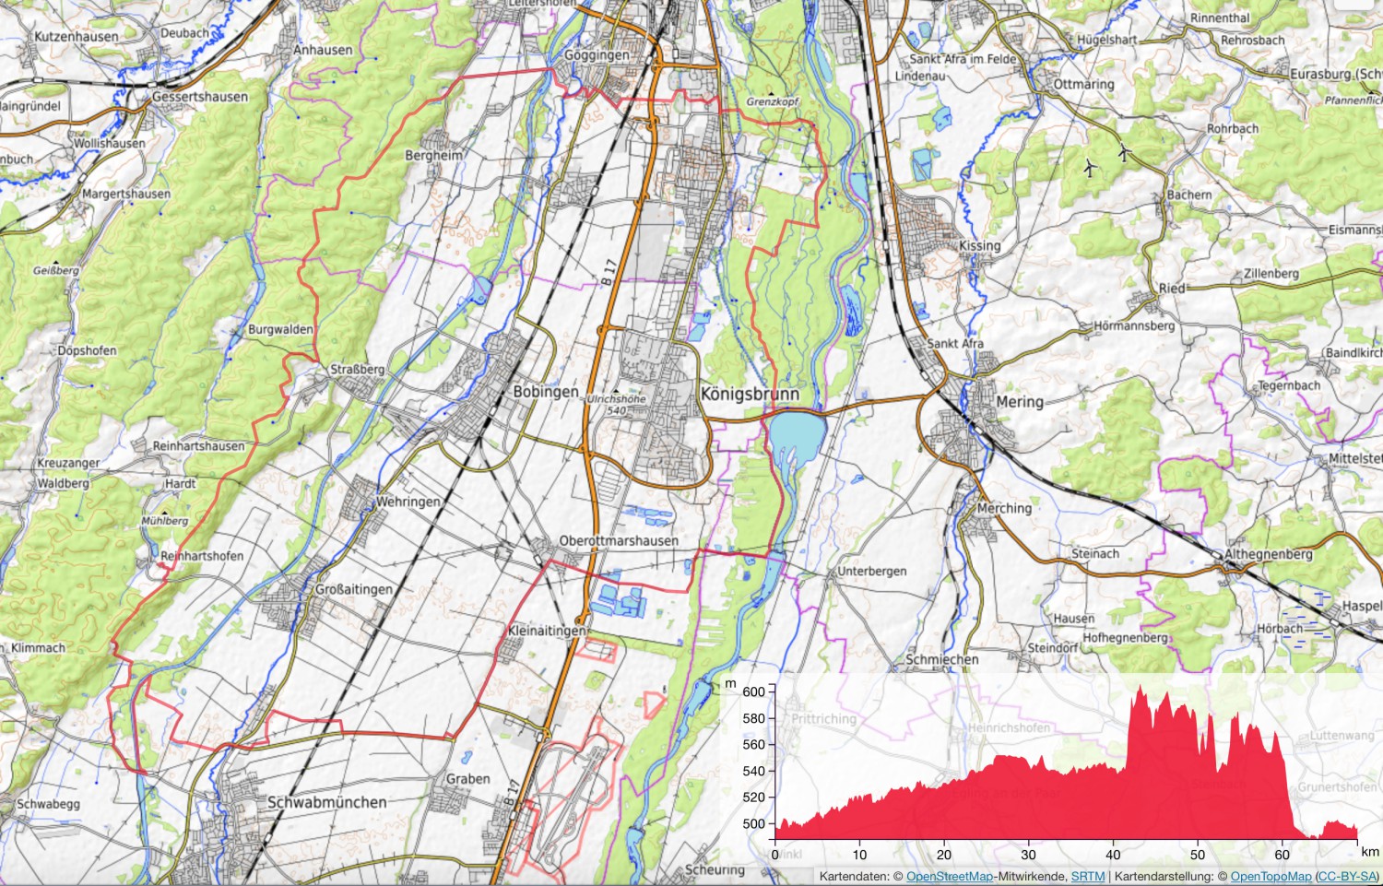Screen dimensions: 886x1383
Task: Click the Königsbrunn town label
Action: point(750,394)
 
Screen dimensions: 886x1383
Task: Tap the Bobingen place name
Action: point(546,392)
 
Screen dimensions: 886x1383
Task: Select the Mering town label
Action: point(1020,402)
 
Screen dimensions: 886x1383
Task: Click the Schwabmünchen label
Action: point(326,802)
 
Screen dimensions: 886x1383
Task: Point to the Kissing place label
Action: point(979,246)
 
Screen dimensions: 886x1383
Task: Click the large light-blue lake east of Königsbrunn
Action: point(796,435)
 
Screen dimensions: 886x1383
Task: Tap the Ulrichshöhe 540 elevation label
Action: point(617,405)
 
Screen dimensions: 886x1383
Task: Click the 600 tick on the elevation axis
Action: point(753,691)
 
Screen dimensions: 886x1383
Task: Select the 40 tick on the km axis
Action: point(1114,855)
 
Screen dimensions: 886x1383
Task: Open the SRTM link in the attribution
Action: point(1087,877)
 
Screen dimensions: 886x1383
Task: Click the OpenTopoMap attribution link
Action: point(1270,877)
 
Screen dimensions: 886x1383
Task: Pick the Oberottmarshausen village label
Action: point(619,541)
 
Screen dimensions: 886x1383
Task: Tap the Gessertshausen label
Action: point(200,97)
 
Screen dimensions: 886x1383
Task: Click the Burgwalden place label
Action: point(280,329)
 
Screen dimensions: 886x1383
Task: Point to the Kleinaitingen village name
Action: point(546,631)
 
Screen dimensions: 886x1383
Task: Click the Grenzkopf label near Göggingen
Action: point(773,101)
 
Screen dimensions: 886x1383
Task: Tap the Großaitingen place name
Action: point(353,589)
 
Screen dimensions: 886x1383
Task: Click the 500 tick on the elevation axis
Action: point(753,824)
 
